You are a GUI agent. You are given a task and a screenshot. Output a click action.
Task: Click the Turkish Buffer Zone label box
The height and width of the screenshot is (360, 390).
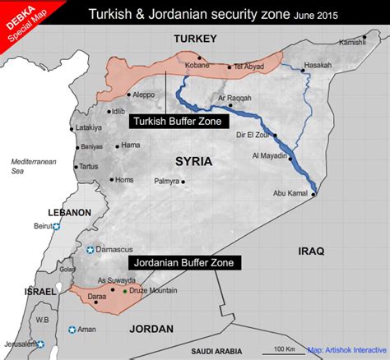(179, 121)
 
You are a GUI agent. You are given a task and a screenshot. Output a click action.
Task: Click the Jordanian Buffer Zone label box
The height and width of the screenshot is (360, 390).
(184, 263)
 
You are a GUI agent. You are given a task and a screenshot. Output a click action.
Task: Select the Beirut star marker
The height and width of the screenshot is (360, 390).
(57, 226)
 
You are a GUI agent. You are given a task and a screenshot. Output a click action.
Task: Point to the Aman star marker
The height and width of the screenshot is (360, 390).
(72, 330)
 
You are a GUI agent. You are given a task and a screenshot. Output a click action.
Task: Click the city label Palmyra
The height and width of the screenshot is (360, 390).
(169, 180)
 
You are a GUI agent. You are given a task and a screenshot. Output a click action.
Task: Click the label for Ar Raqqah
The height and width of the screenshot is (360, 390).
(233, 99)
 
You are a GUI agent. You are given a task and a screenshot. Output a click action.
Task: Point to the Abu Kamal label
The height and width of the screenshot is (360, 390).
(289, 194)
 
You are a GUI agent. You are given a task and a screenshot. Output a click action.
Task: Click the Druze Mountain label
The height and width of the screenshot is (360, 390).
(153, 290)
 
